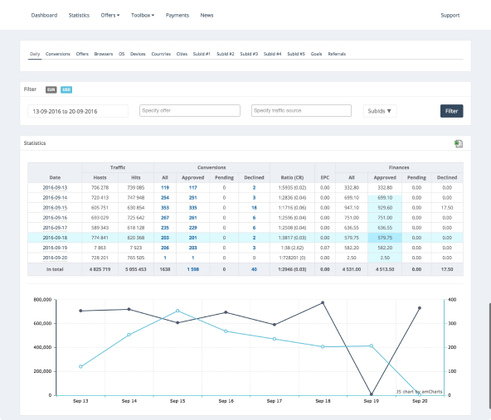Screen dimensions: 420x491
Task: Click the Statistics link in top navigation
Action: [x=79, y=15]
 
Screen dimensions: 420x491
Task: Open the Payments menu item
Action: [x=177, y=15]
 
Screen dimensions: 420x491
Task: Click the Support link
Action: [x=450, y=15]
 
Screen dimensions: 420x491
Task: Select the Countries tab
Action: [x=161, y=54]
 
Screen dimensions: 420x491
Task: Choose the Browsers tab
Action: [x=103, y=54]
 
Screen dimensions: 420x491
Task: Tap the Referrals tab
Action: [x=337, y=54]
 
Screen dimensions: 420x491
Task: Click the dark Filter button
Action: [x=451, y=110]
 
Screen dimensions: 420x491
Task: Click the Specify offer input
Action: [x=188, y=110]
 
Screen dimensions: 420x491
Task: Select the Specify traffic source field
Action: [x=301, y=110]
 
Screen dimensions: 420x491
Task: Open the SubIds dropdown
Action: [x=381, y=110]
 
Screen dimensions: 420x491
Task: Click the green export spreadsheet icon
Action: [x=458, y=144]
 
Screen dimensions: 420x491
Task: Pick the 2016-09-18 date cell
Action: [x=55, y=237]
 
